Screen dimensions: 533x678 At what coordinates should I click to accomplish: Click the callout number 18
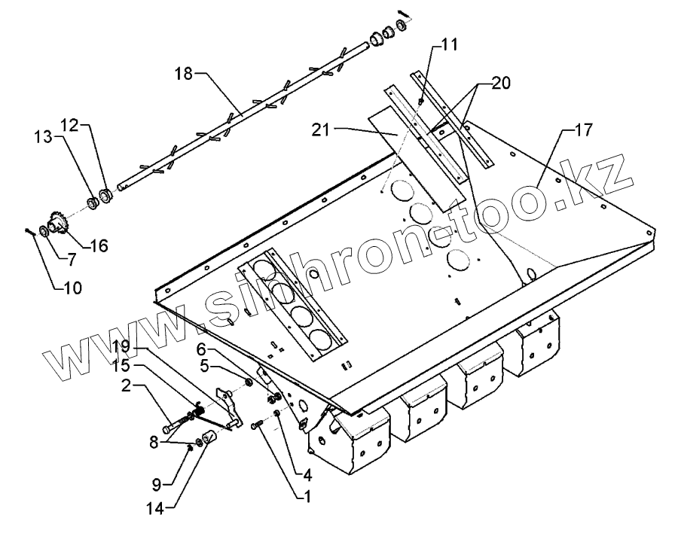(x=184, y=73)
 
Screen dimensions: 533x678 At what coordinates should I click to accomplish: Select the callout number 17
(x=582, y=130)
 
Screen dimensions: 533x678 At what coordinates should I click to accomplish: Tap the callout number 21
(x=322, y=130)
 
